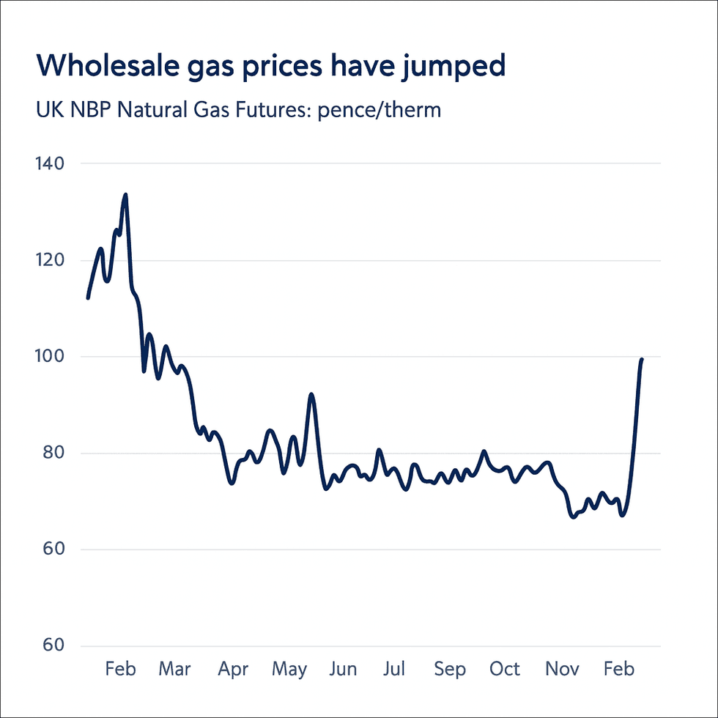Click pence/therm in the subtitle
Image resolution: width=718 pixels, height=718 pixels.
coord(380,112)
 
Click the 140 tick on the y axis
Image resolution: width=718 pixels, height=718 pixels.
coord(48,163)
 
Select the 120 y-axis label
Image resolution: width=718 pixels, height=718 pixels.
coord(48,260)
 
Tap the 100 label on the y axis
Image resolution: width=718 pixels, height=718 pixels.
coord(48,357)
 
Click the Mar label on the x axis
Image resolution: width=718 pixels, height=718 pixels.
coord(175,669)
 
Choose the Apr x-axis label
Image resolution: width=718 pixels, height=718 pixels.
coord(233,670)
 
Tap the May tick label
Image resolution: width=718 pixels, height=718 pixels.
coord(289,670)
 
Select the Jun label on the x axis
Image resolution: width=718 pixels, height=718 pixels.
coord(343,669)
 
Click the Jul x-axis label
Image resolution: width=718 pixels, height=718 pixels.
coord(394,669)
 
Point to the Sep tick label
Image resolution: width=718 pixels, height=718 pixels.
coord(449,670)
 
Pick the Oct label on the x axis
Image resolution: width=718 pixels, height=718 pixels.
coord(505,669)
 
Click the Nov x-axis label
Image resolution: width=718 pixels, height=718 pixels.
coord(563,669)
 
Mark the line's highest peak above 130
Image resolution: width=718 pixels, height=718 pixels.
coord(125,195)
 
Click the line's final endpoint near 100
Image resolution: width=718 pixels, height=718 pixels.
coord(642,359)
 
